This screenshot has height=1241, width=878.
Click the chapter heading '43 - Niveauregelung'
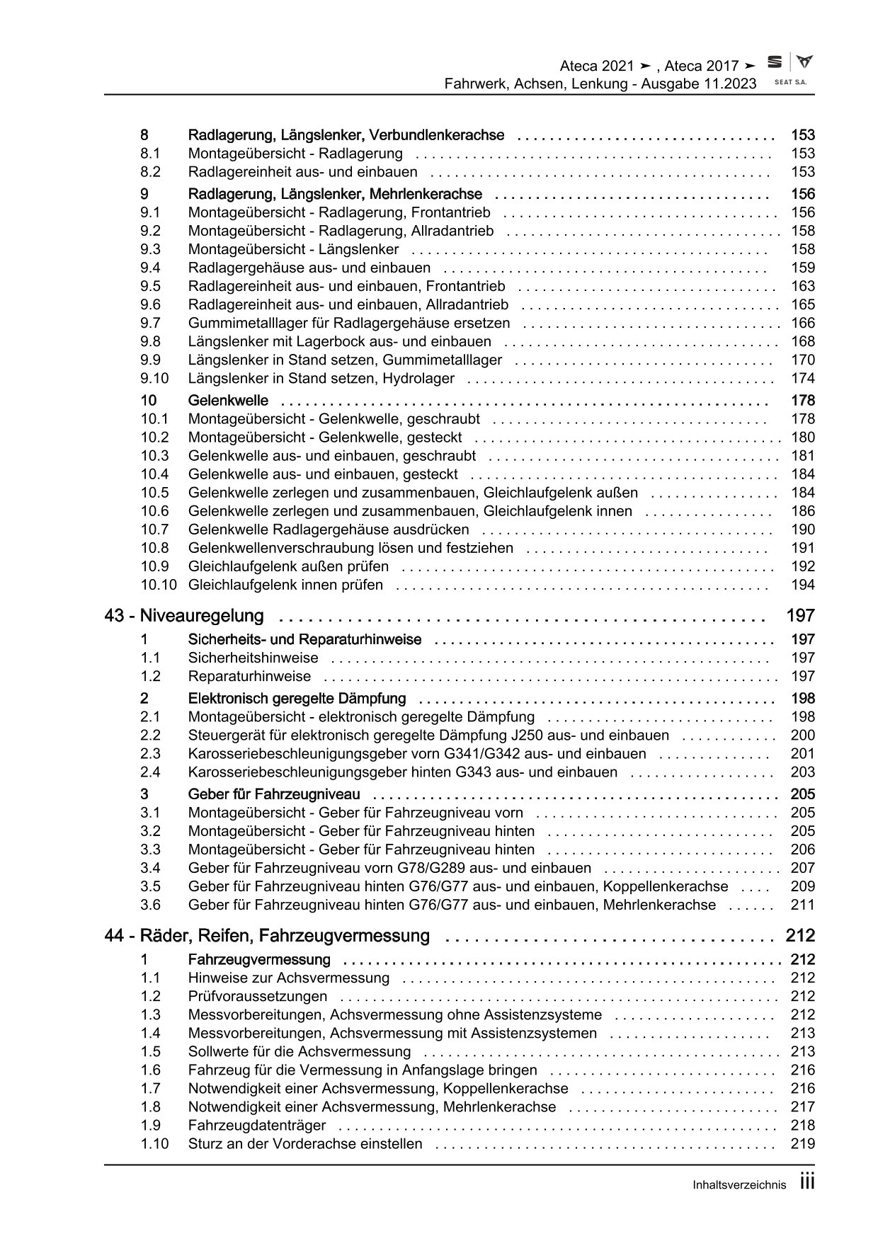tap(184, 616)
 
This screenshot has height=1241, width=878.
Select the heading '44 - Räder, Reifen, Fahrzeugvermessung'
tap(267, 936)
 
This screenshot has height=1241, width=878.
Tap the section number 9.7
tap(150, 323)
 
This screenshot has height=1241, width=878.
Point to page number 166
tap(803, 323)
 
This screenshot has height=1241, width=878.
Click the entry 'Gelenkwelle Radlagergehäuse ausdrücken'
tap(329, 530)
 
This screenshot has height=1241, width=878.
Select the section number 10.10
tap(159, 585)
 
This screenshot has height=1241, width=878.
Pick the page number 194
tap(803, 585)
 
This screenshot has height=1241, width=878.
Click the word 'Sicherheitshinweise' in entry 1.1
tap(244, 658)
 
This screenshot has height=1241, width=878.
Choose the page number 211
tap(803, 905)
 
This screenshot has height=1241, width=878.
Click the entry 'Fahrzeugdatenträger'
tap(257, 1125)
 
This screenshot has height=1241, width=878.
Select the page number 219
tap(803, 1143)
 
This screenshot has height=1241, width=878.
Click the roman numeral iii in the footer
tap(807, 1181)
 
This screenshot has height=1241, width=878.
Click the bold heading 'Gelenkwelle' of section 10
tap(228, 401)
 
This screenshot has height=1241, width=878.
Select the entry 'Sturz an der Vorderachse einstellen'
tap(305, 1143)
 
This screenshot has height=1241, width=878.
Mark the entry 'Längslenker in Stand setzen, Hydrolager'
tap(321, 378)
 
